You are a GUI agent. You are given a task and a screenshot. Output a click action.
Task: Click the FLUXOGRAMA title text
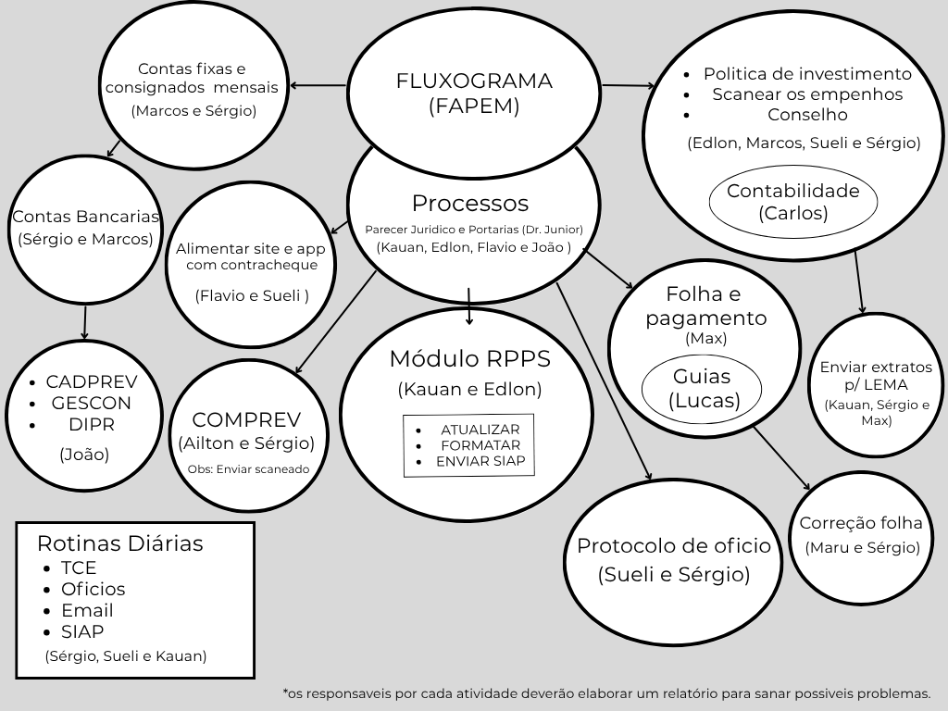click(474, 81)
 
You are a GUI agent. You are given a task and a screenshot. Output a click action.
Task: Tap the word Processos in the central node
click(470, 203)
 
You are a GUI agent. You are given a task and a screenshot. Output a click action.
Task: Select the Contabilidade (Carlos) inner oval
click(792, 202)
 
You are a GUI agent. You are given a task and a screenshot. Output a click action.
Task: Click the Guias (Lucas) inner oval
click(702, 389)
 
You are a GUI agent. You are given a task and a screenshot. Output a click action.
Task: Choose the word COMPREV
click(246, 418)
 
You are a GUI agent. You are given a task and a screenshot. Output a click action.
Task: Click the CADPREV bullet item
click(91, 381)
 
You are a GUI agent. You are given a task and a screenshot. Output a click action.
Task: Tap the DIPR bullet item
click(91, 425)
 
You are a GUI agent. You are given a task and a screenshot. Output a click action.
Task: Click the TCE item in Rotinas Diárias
click(79, 568)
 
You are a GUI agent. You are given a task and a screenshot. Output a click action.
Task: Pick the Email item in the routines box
click(87, 610)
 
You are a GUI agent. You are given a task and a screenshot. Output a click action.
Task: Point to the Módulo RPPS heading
click(469, 358)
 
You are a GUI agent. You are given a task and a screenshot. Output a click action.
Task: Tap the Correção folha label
click(860, 523)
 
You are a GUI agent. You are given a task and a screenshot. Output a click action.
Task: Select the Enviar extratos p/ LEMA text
click(876, 375)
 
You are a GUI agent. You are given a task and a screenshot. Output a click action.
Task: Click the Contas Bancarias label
click(85, 217)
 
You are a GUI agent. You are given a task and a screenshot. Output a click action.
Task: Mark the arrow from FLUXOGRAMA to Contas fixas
click(318, 86)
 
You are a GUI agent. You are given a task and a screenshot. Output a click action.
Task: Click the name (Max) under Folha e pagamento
click(705, 339)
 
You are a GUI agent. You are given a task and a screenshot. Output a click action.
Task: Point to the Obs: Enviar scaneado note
click(248, 468)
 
